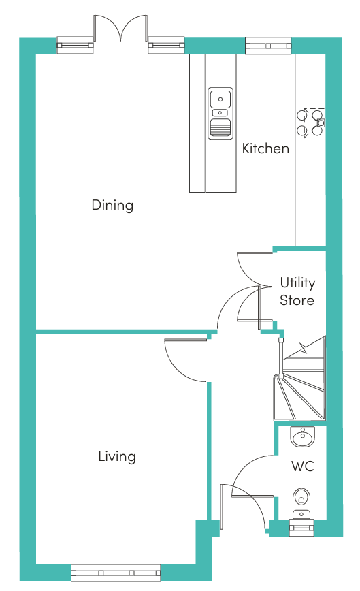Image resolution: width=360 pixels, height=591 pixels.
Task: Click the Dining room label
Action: click(x=112, y=206)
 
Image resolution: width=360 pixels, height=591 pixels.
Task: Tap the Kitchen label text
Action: click(x=265, y=148)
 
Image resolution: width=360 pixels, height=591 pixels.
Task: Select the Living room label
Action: click(x=117, y=456)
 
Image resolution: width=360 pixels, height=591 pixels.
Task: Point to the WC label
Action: click(x=303, y=466)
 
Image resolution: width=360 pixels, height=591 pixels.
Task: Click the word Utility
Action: click(x=297, y=283)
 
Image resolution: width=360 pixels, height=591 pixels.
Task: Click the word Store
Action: click(x=297, y=300)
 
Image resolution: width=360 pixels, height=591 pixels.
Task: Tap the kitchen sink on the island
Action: click(x=220, y=113)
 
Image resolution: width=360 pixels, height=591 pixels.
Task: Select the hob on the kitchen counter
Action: click(x=311, y=123)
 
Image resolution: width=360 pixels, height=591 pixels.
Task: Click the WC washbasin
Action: click(x=302, y=437)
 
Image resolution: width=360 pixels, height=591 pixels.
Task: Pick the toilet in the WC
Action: click(x=301, y=504)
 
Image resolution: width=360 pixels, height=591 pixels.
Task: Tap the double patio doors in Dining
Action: click(x=120, y=28)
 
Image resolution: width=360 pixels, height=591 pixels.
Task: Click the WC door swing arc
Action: click(x=244, y=466)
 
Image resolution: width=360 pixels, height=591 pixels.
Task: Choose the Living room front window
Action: click(x=116, y=573)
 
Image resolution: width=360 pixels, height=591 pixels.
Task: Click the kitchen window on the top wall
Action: click(x=268, y=46)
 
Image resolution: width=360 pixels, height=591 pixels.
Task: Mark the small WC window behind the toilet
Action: click(x=301, y=527)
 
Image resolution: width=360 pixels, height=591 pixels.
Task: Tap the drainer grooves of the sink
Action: click(x=220, y=127)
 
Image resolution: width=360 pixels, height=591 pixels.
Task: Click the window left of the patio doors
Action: click(x=75, y=45)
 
